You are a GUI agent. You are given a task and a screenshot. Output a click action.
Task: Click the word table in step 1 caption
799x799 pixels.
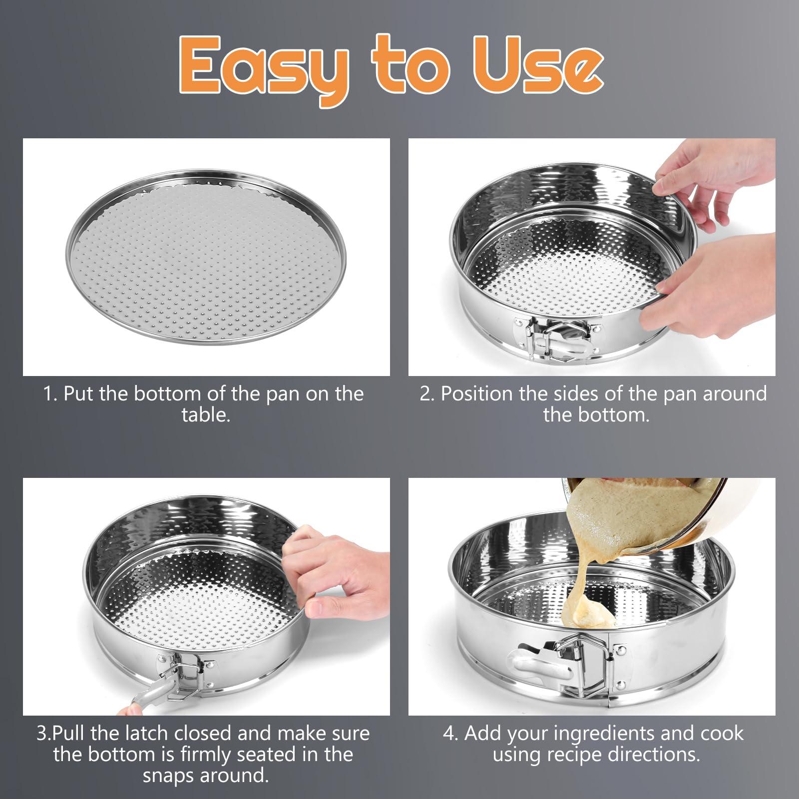[x=206, y=415]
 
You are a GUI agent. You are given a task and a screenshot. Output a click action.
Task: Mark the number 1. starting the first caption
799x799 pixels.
[x=50, y=394]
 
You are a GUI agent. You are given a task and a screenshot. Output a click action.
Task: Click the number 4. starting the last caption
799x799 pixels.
[x=451, y=734]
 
